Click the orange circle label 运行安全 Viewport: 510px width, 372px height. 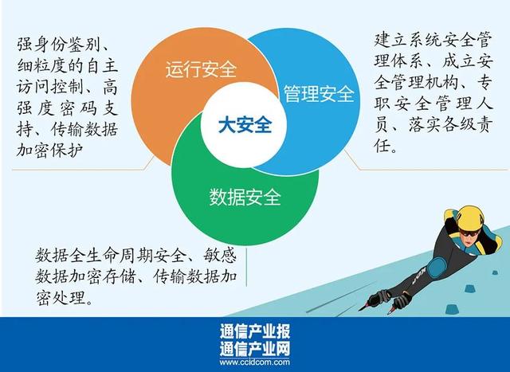point(201,69)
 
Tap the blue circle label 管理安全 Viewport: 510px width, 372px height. point(320,94)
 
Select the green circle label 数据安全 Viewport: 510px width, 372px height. point(245,197)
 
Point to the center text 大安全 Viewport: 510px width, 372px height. point(245,125)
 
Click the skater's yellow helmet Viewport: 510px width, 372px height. point(469,217)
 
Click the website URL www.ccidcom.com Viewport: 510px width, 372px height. point(254,362)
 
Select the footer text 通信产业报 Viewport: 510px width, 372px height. point(254,331)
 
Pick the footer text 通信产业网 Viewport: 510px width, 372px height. point(254,348)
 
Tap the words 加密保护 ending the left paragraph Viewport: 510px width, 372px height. point(49,151)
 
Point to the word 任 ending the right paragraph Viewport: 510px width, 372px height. point(382,145)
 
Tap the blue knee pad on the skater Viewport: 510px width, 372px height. point(437,268)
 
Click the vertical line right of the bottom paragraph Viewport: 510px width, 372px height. point(246,268)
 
